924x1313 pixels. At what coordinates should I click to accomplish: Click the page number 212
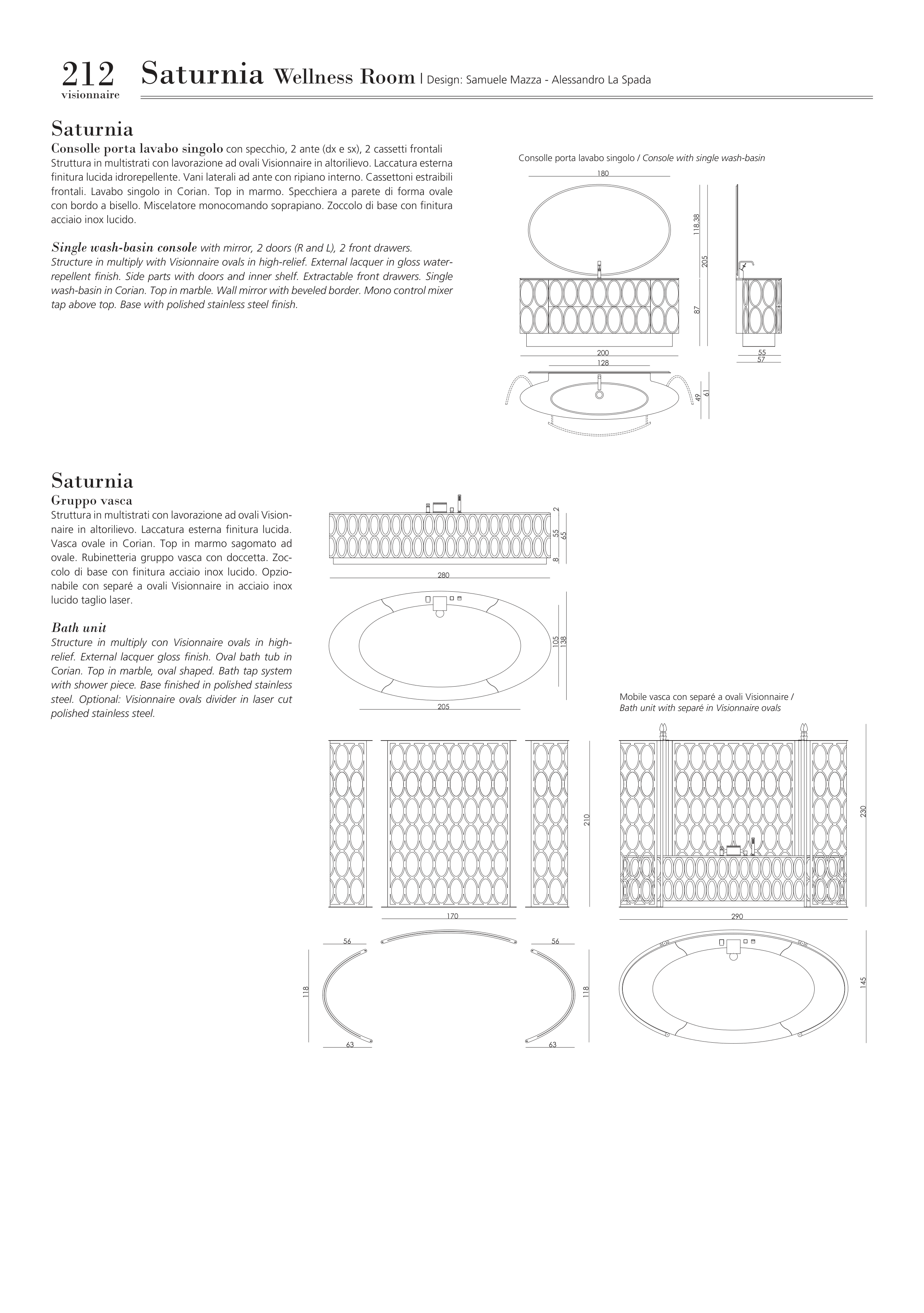click(88, 75)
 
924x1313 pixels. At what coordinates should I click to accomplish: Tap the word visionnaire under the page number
click(91, 95)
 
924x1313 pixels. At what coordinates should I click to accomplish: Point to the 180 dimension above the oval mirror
click(602, 173)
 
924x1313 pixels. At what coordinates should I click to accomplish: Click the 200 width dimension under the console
click(602, 353)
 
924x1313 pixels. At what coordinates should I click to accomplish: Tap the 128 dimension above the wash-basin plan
click(602, 363)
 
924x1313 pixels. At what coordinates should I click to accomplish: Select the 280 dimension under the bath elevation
click(444, 575)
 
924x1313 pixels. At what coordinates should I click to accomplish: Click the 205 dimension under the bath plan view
click(444, 707)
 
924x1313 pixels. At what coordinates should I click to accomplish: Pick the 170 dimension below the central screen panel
click(452, 916)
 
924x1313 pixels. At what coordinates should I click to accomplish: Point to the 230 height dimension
click(863, 811)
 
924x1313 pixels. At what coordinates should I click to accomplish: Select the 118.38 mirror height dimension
click(696, 224)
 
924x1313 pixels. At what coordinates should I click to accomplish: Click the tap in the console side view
click(745, 265)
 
